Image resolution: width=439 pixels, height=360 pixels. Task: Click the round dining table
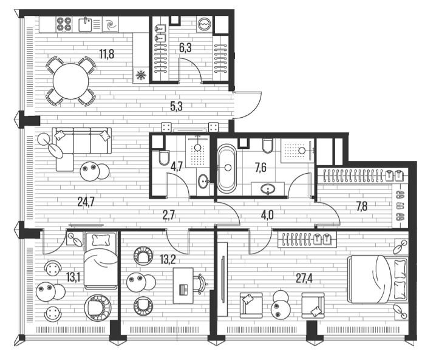[71, 81]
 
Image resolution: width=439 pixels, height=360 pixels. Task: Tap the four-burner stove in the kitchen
[64, 24]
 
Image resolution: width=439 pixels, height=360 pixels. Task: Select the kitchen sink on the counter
[85, 24]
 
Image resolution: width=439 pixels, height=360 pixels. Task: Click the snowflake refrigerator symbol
[141, 75]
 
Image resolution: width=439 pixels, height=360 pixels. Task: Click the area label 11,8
[107, 54]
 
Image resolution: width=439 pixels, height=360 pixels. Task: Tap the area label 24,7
[86, 202]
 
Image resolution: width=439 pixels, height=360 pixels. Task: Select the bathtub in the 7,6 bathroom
[226, 169]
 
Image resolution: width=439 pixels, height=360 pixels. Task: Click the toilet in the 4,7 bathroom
[164, 157]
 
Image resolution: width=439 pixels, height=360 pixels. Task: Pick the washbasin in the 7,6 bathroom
[268, 189]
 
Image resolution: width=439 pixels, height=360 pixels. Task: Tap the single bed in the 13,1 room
[101, 260]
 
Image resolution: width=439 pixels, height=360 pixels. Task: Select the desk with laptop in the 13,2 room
[183, 285]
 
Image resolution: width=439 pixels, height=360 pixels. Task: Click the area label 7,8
[362, 206]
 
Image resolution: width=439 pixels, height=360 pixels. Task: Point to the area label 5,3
[176, 106]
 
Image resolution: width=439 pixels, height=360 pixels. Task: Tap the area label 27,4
[304, 278]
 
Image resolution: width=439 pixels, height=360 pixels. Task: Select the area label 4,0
[267, 216]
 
